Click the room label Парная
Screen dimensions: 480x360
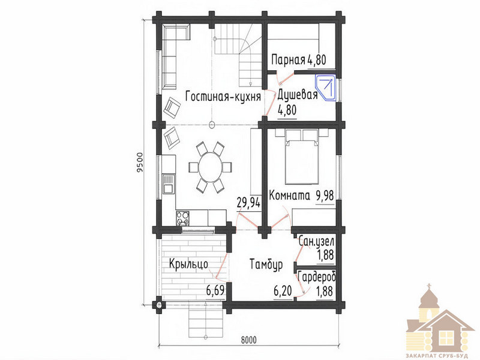pyautogui.click(x=289, y=60)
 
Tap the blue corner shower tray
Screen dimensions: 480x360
pyautogui.click(x=325, y=88)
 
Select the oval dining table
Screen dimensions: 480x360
pyautogui.click(x=211, y=167)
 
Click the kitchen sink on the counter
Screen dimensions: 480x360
pyautogui.click(x=168, y=184)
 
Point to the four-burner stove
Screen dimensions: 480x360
pyautogui.click(x=182, y=218)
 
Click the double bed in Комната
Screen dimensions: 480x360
pyautogui.click(x=301, y=161)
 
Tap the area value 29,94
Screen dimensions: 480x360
pyautogui.click(x=248, y=202)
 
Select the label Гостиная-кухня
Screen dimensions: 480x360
pyautogui.click(x=223, y=97)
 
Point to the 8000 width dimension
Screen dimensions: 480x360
pyautogui.click(x=249, y=340)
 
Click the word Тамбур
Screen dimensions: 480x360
pyautogui.click(x=266, y=265)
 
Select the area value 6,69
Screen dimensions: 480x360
pyautogui.click(x=215, y=290)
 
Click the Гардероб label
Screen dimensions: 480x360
pyautogui.click(x=317, y=277)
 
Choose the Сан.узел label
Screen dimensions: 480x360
pyautogui.click(x=316, y=241)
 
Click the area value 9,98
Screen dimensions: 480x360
pyautogui.click(x=325, y=196)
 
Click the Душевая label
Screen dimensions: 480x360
pyautogui.click(x=297, y=95)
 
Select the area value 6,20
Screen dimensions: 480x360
pyautogui.click(x=283, y=290)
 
